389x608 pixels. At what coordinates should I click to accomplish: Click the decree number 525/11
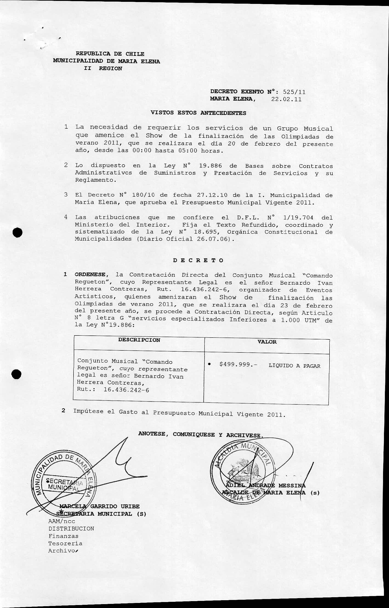(294, 92)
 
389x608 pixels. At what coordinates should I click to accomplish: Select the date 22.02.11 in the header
(286, 99)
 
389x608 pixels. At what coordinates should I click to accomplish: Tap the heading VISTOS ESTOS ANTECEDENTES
(198, 113)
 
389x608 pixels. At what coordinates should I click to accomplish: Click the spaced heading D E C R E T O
(198, 260)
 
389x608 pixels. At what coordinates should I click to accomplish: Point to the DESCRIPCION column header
(139, 340)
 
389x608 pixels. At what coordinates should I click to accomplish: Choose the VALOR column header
(267, 342)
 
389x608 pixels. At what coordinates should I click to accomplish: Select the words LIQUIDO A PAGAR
(294, 366)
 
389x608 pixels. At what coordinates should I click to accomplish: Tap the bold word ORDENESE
(90, 274)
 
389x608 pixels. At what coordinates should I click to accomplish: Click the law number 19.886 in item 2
(210, 166)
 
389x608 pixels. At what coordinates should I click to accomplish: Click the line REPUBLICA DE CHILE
(110, 54)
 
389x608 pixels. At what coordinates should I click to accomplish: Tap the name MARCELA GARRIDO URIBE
(99, 506)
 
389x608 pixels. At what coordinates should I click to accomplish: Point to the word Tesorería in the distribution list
(65, 543)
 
